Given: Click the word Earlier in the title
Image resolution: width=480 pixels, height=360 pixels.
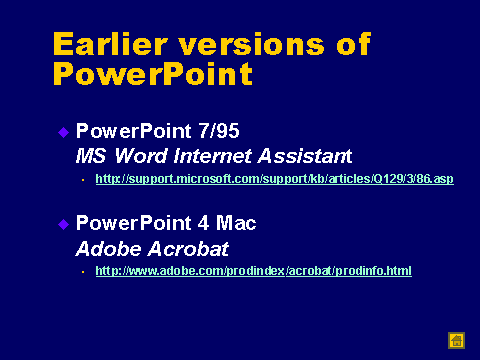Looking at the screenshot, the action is (110, 44).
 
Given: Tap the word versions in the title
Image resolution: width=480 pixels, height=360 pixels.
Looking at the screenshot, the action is (252, 46).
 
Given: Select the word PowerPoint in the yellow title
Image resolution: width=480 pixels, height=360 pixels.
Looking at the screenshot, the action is (153, 74).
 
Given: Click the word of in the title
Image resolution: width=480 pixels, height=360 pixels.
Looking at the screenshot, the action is (354, 44).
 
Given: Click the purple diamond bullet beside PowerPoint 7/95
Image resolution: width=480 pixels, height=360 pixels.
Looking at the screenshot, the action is (63, 133).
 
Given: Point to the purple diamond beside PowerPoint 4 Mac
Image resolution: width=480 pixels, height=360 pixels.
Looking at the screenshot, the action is (63, 224).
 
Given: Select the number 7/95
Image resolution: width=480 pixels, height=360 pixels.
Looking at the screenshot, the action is (219, 131).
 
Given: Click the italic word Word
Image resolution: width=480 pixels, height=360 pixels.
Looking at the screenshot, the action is (141, 156).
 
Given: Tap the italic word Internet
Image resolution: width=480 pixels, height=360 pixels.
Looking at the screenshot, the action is (212, 156).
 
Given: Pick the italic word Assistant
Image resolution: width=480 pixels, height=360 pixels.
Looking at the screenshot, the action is (305, 156).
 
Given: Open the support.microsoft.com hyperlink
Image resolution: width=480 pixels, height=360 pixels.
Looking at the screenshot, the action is (275, 179).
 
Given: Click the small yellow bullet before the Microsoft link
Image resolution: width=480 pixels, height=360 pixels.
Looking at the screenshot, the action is (83, 180).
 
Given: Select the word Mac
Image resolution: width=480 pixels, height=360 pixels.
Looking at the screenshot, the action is (236, 223).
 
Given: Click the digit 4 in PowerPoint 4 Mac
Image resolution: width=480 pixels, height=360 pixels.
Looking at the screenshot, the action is (203, 223).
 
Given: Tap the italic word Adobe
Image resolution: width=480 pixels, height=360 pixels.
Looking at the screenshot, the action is (108, 249).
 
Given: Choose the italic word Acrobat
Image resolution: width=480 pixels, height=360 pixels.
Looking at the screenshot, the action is (188, 249).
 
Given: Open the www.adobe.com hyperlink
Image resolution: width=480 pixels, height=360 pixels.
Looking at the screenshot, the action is (254, 271).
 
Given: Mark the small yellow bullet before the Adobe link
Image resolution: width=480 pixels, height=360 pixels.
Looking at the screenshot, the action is (83, 272).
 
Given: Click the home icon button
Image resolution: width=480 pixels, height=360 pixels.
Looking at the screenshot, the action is (456, 341).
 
